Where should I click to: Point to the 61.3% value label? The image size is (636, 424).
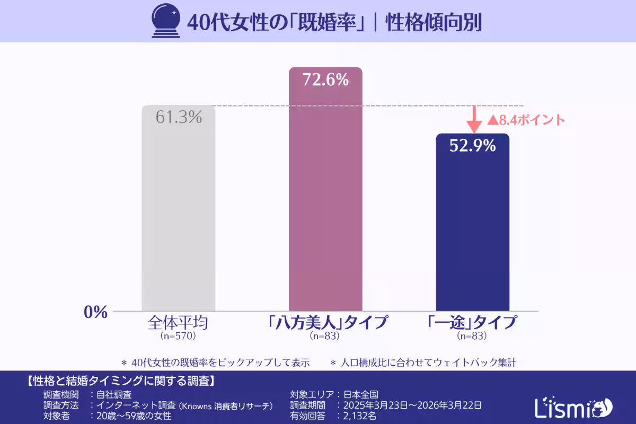179,117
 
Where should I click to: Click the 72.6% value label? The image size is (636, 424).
325,80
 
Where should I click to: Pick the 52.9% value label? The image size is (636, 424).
472,145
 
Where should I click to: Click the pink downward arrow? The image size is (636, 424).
474,120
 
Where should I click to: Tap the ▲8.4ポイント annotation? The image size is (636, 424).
526,120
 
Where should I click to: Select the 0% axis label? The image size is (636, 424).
96,312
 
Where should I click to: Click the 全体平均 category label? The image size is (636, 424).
178,323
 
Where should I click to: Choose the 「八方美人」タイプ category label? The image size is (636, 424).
325,323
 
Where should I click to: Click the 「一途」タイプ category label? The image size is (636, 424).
472,323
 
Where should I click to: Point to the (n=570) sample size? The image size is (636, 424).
178,336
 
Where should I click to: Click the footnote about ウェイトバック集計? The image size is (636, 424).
423,363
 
